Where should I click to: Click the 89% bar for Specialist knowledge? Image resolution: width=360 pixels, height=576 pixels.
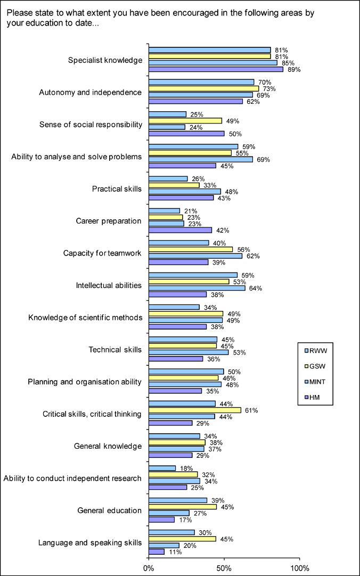point(216,69)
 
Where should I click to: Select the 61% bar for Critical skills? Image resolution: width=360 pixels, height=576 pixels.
point(195,410)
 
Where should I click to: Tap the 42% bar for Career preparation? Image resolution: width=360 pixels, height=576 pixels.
point(180,230)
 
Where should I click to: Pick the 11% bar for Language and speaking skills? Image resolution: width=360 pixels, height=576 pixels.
point(157,552)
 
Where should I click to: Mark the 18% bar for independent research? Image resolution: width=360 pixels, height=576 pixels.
point(162,468)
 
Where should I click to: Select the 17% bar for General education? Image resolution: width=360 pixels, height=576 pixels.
point(161,520)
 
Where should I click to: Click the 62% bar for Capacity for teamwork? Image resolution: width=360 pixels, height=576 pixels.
point(195,256)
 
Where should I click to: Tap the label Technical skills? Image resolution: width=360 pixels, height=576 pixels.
point(115,349)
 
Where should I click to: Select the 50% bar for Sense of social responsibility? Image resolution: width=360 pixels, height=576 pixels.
point(186,134)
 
